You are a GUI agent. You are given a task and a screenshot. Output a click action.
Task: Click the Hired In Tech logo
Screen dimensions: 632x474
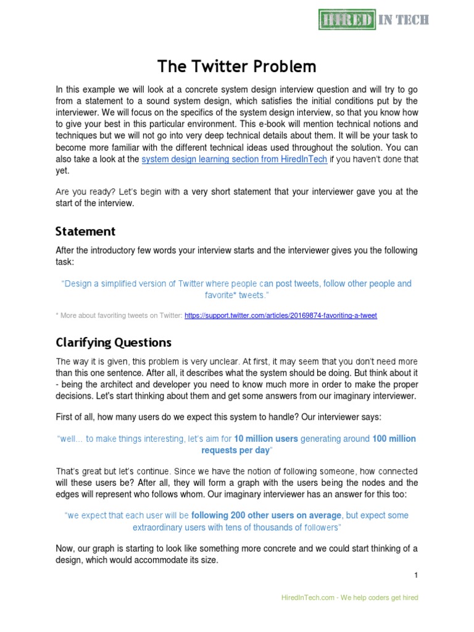tap(373, 20)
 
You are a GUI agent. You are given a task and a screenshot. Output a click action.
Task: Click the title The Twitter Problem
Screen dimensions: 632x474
tap(237, 66)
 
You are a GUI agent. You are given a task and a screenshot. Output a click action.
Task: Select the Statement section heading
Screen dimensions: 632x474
tap(85, 231)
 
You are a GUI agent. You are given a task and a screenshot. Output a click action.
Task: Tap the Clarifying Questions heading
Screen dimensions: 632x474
tap(114, 342)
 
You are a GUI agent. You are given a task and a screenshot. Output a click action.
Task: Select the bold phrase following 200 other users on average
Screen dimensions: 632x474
tap(267, 515)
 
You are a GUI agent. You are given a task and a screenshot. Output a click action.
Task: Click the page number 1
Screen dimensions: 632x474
tap(416, 575)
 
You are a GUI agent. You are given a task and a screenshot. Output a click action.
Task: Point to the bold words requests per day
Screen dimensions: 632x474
tap(236, 451)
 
